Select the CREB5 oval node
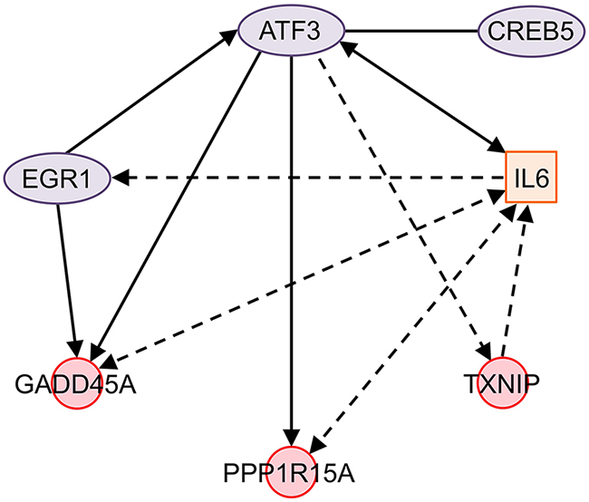coord(530,34)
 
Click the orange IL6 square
coord(529,180)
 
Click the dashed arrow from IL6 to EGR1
coord(308,179)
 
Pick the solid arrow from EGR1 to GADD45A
coord(71,272)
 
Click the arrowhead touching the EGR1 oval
coord(122,179)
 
